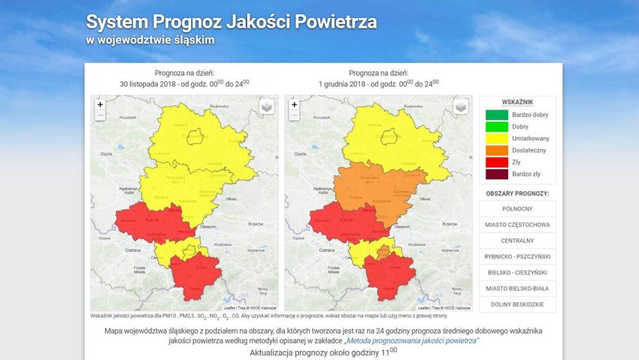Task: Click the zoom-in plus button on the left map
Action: tap(100, 104)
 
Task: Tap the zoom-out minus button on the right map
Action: tap(294, 116)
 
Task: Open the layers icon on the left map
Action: tap(267, 107)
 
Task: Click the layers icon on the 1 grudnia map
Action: tap(461, 107)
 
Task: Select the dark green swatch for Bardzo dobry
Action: tap(496, 114)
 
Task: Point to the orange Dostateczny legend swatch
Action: tap(496, 150)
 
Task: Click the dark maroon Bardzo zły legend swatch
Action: tap(496, 174)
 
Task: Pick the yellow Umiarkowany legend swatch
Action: tap(496, 138)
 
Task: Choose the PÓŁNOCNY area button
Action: tap(517, 209)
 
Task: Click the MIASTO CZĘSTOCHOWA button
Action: tap(517, 225)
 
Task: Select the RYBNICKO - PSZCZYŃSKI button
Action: tap(517, 257)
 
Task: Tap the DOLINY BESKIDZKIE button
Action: tap(517, 304)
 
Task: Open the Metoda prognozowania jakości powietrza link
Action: tap(416, 340)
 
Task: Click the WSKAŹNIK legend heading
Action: tap(517, 101)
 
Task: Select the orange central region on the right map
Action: tap(376, 188)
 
